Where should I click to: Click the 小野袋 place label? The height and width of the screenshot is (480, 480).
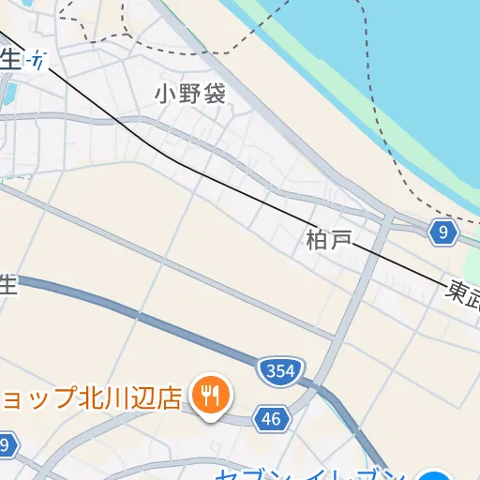coord(190,93)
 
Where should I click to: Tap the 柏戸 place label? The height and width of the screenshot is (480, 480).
coord(328,240)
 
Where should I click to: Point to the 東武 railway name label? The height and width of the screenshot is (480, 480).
coord(463,293)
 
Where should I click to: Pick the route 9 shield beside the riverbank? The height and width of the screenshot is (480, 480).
coord(442,232)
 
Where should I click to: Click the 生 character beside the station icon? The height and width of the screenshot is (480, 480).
coord(8,59)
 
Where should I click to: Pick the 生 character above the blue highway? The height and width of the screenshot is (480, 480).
coord(7,284)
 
